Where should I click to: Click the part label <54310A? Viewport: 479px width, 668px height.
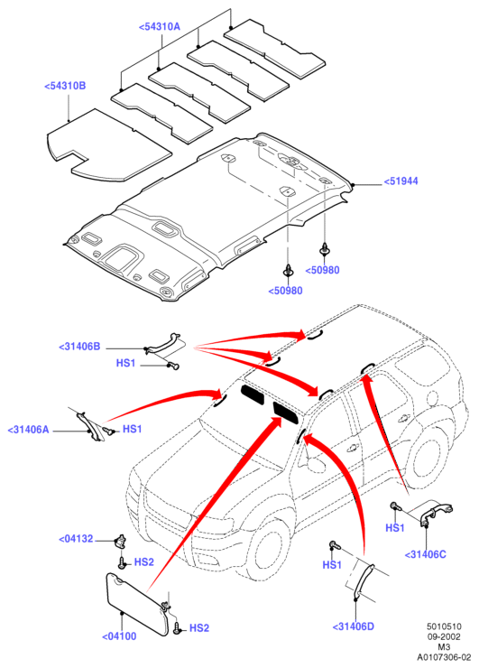pos(160,27)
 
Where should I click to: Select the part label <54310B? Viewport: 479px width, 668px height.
pos(65,86)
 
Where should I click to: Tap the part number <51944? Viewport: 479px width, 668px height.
pos(401,181)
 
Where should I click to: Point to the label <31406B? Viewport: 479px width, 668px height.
pos(79,347)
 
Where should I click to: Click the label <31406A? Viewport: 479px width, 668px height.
pos(29,430)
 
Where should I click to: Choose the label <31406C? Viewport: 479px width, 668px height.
pos(425,554)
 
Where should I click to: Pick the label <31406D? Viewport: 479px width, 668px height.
pos(353,626)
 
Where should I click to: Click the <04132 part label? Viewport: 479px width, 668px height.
pos(76,539)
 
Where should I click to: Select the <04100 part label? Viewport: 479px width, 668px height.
pos(119,636)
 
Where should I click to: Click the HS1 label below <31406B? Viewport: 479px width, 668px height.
pos(125,364)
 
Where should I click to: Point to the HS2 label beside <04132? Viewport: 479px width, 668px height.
pos(144,562)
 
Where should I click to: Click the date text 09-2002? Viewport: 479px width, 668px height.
pos(444,637)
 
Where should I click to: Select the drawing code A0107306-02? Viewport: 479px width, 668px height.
pos(444,657)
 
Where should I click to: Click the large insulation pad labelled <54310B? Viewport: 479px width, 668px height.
pos(108,144)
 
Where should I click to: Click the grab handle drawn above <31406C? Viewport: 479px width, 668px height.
pos(436,510)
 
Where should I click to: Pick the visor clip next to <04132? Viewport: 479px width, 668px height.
pos(121,539)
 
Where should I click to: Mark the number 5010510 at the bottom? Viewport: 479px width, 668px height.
pos(444,626)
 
